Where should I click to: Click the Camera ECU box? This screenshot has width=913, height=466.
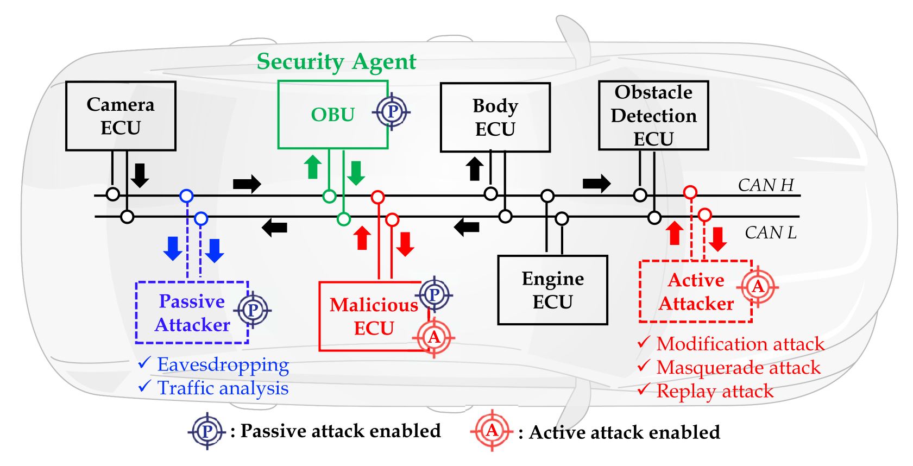(x=121, y=116)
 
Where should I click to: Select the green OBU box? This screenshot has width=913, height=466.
(x=332, y=115)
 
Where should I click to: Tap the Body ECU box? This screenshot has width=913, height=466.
(x=495, y=117)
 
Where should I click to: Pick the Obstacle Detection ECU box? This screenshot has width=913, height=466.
(x=653, y=115)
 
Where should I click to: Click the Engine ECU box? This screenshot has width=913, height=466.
(x=552, y=290)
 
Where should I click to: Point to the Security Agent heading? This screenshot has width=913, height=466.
(x=336, y=61)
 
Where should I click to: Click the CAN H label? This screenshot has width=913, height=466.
(x=765, y=185)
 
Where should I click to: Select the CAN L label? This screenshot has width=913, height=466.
(x=770, y=232)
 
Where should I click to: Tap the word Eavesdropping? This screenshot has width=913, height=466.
(x=223, y=364)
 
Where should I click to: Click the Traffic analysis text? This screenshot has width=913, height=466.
(x=223, y=388)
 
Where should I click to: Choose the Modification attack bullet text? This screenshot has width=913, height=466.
(x=740, y=344)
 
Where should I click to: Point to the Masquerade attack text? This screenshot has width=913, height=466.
(x=738, y=367)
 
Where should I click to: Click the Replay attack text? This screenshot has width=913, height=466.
(x=715, y=391)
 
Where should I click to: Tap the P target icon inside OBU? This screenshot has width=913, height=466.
(x=392, y=112)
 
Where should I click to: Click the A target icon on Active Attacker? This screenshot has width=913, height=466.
(x=758, y=286)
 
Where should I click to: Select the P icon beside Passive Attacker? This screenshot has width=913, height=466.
(x=253, y=310)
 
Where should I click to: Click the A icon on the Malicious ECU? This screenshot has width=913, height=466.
(x=433, y=337)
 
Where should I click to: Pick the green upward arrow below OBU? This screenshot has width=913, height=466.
(x=312, y=167)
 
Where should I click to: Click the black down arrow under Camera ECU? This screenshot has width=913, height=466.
(x=140, y=175)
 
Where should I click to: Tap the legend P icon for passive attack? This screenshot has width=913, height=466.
(x=207, y=432)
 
